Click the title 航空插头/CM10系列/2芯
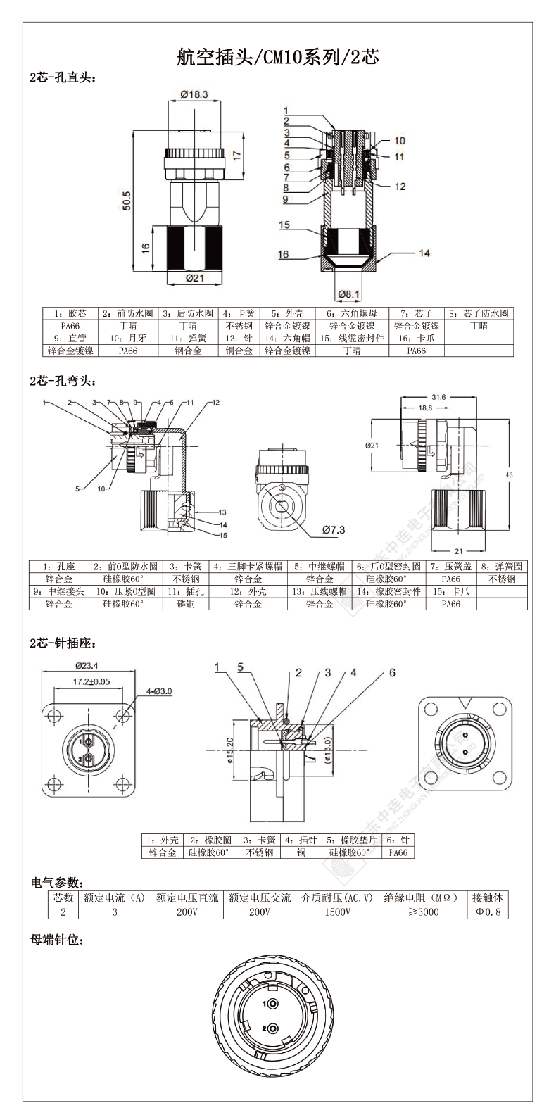[277, 57]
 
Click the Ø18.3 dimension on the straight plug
[194, 94]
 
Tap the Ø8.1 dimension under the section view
[349, 294]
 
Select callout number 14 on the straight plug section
[424, 253]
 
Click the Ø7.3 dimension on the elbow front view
[333, 530]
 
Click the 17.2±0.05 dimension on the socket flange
[91, 681]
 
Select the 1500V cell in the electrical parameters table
[336, 912]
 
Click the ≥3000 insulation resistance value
[423, 912]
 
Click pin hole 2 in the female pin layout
[272, 1028]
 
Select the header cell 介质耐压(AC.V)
[336, 897]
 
